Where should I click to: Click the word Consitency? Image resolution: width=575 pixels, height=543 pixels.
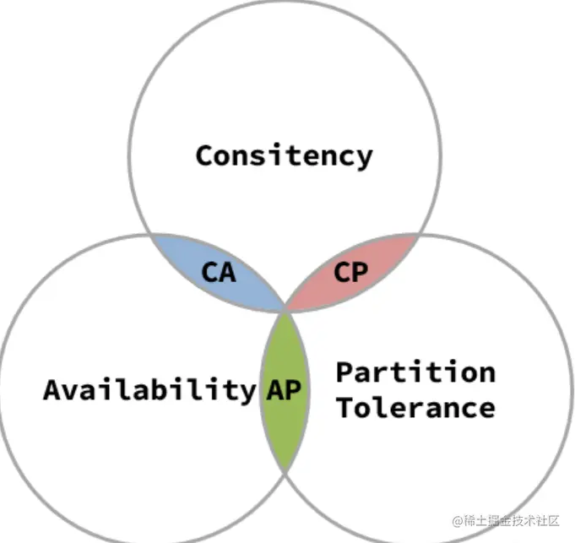[x=284, y=155]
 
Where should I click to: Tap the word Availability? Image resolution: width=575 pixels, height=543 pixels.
[x=149, y=390]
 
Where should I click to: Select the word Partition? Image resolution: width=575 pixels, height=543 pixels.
[x=415, y=372]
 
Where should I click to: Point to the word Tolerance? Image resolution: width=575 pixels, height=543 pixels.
[x=415, y=408]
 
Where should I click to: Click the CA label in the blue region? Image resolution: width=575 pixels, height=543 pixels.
[x=219, y=273]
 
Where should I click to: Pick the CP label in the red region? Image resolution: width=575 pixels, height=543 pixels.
[x=350, y=273]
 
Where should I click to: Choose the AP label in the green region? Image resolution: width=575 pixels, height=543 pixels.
[x=284, y=390]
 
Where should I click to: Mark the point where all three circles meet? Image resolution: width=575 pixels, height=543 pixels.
[x=285, y=311]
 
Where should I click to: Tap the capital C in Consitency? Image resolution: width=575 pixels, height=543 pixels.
[x=204, y=155]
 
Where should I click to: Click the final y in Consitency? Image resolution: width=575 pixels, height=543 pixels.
[x=363, y=158]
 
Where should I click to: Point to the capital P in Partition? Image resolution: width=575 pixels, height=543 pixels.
[x=344, y=372]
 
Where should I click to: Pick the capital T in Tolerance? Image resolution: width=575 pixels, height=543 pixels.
[x=344, y=408]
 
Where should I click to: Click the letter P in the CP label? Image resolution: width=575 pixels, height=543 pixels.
[x=360, y=273]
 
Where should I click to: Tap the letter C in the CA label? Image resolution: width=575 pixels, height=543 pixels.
[x=210, y=273]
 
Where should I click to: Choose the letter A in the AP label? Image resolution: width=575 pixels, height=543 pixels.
[x=275, y=390]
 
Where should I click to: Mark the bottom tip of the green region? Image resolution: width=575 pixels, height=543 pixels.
[x=285, y=471]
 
